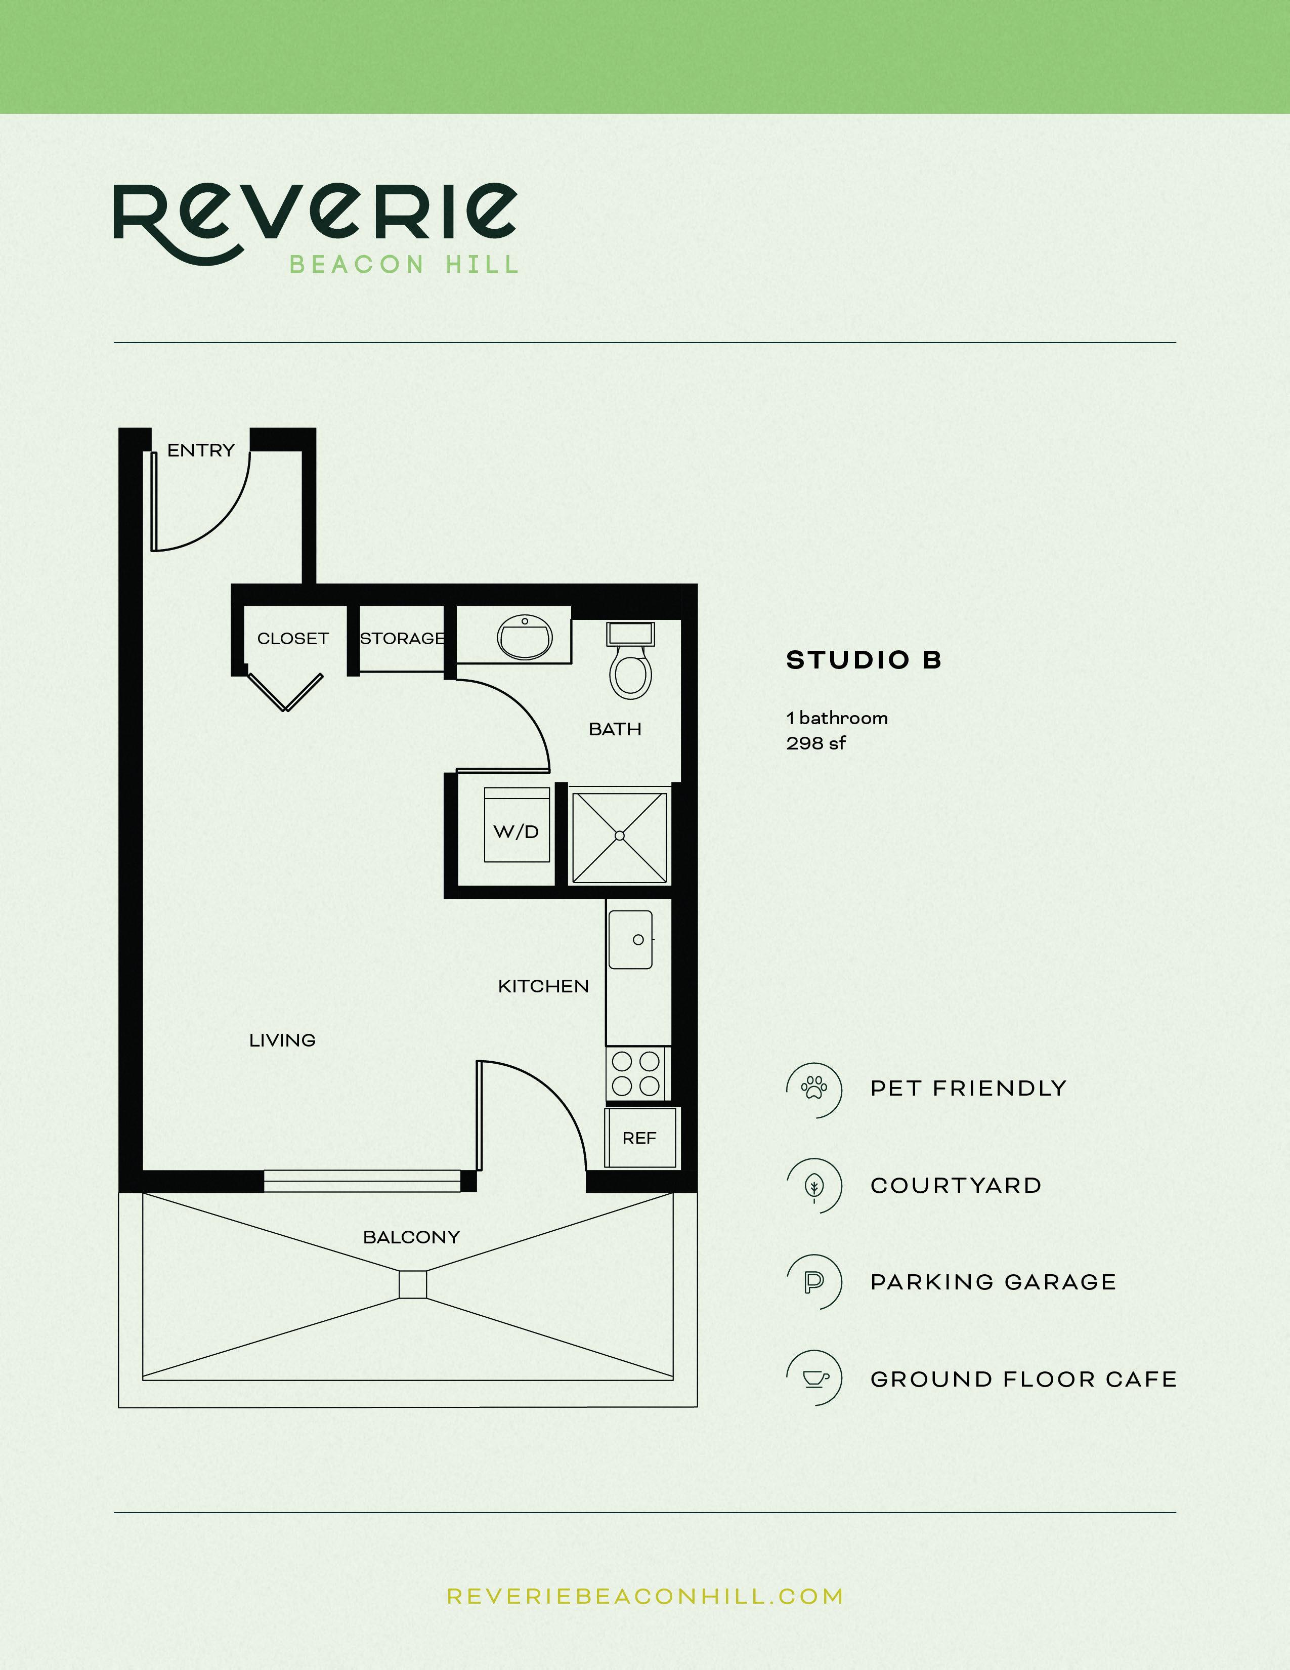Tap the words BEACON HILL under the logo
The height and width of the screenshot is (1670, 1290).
404,265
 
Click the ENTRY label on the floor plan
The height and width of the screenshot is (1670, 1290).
201,450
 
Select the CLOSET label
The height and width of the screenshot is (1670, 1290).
293,639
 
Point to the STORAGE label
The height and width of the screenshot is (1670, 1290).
402,639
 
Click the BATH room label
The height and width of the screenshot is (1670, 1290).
615,729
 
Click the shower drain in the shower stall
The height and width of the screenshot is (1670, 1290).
620,836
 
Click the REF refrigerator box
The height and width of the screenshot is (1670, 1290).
639,1138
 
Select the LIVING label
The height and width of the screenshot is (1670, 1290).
282,1040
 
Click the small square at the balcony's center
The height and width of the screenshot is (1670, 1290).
413,1284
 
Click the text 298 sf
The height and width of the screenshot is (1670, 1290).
815,743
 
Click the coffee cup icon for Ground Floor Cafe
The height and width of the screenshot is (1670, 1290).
814,1378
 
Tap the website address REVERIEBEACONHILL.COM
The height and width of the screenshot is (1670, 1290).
645,1597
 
